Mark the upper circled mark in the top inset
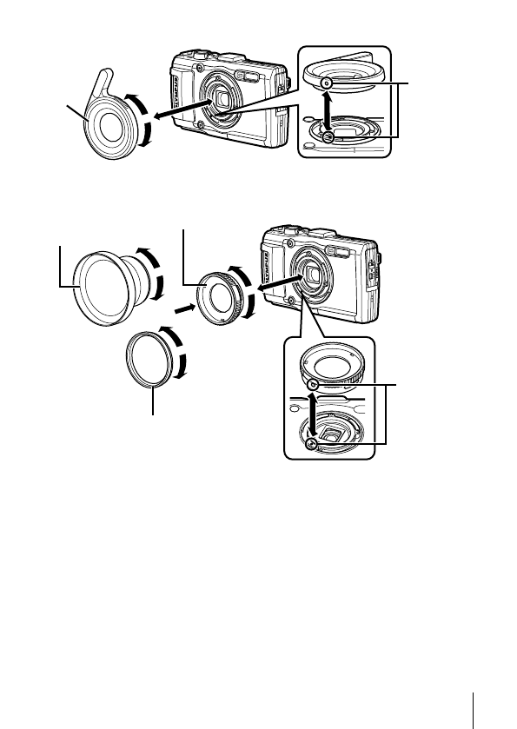324,83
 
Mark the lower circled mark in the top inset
327,138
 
